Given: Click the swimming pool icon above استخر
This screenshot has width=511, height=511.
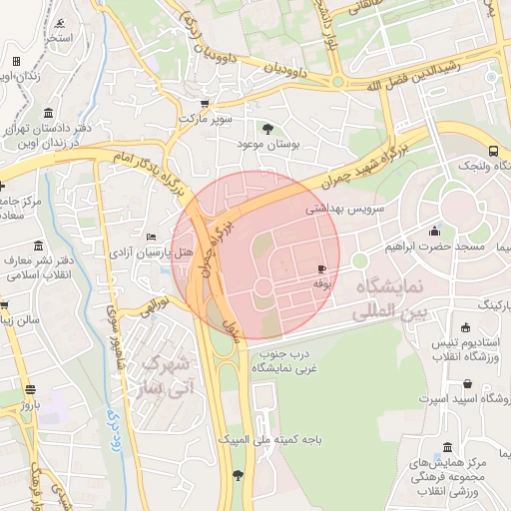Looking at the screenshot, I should pyautogui.click(x=62, y=23).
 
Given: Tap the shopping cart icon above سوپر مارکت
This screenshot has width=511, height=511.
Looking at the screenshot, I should pyautogui.click(x=205, y=103).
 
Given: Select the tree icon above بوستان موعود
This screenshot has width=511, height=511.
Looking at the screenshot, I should pyautogui.click(x=267, y=129).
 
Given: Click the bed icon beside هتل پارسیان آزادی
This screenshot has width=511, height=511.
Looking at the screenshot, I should pyautogui.click(x=151, y=236).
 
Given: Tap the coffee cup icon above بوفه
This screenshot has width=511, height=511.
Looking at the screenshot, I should pyautogui.click(x=321, y=269).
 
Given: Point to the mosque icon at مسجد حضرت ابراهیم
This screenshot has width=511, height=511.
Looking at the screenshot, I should pyautogui.click(x=433, y=231).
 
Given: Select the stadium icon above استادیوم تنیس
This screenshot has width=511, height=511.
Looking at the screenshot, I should pyautogui.click(x=466, y=327).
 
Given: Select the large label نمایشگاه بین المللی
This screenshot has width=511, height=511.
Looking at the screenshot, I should pyautogui.click(x=387, y=300).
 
